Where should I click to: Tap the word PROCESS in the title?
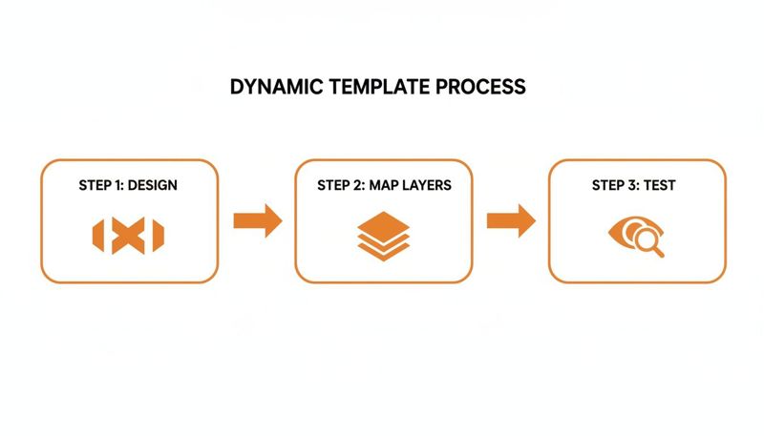click(481, 87)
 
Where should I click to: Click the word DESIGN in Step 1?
click(152, 185)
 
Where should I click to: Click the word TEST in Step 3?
click(660, 185)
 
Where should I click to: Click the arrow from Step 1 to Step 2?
click(257, 220)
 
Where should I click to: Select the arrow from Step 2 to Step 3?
click(510, 220)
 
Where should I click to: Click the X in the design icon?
click(128, 237)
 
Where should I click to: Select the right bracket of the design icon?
click(158, 237)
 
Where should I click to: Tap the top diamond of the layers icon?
click(384, 224)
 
